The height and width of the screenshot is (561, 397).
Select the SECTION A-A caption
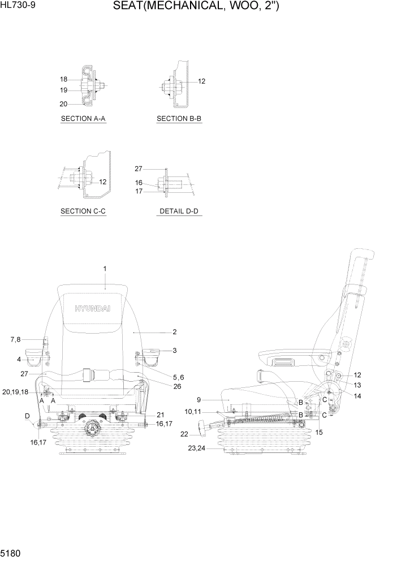(83, 119)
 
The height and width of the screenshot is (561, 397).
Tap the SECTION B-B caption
(179, 119)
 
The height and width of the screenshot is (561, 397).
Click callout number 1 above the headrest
(105, 268)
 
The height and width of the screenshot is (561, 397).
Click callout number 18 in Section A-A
(63, 79)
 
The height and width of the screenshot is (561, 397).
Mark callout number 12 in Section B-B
(201, 81)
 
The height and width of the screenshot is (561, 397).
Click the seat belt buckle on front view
(88, 374)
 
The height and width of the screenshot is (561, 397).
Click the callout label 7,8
(15, 339)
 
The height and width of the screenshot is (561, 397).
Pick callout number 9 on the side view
(199, 400)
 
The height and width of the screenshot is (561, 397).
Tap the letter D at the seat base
(27, 416)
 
